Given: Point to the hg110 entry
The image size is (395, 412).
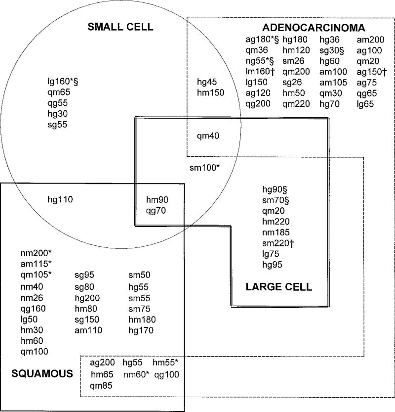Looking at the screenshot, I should [x=60, y=200].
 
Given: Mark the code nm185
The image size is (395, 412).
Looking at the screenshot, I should [x=276, y=231].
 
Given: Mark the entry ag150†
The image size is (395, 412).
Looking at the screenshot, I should [x=374, y=71].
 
